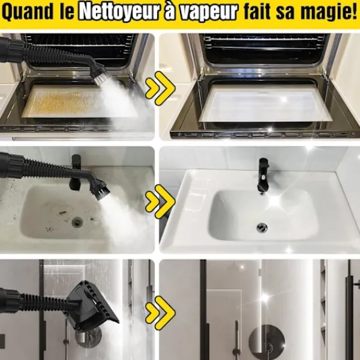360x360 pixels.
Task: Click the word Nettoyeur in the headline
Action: coord(119,12)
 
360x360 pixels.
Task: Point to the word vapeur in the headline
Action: coord(208,12)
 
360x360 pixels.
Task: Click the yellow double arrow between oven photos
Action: coord(160,88)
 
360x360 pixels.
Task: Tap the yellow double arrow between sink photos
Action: coord(160,202)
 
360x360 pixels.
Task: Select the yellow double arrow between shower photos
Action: coord(160,313)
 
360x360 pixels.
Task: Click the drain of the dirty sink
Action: coord(77,222)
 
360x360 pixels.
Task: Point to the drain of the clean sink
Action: coord(262,227)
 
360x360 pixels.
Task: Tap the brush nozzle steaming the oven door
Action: coord(100,76)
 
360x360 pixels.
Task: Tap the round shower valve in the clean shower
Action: coord(266,340)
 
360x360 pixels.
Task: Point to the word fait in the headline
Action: coord(257,11)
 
